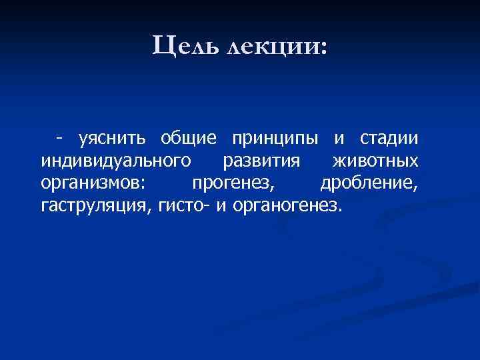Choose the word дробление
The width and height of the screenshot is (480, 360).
(x=369, y=183)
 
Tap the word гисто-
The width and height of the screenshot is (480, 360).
(x=185, y=205)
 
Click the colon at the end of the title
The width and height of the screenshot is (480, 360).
(x=324, y=49)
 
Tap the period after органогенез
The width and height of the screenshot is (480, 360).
(x=340, y=209)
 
